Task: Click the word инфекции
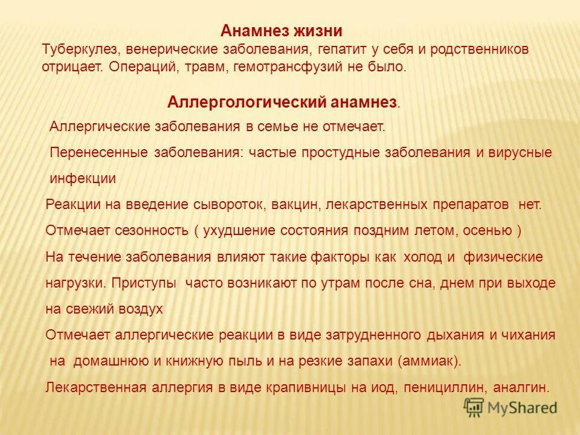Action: click(83, 179)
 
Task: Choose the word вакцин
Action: click(294, 204)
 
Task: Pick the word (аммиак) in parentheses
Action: click(430, 361)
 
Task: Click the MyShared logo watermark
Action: click(511, 408)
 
